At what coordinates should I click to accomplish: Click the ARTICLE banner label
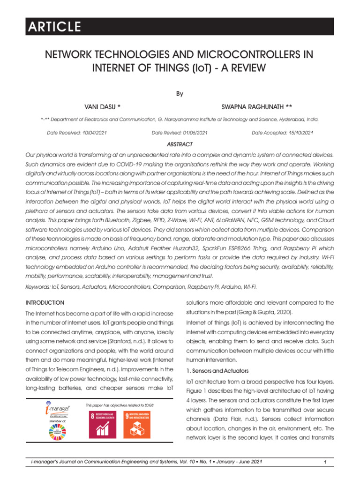tap(53, 27)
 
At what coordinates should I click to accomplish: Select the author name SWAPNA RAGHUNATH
tap(254, 107)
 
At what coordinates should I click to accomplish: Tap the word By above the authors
tap(180, 94)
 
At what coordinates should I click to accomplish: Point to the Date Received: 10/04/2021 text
tap(77, 133)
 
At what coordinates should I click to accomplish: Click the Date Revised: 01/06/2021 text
tap(180, 133)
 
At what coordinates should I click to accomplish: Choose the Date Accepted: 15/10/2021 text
tap(282, 133)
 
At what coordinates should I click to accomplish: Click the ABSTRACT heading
tap(180, 144)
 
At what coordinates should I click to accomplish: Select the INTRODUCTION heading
tap(45, 303)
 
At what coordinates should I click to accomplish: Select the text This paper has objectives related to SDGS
tap(120, 405)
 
